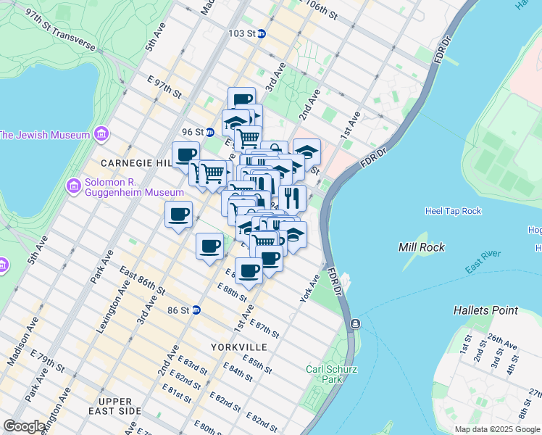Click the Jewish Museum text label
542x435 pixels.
[x=44, y=135]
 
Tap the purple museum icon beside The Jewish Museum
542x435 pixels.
[x=101, y=135]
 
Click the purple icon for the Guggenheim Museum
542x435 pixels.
[x=73, y=186]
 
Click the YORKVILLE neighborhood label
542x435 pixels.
[x=238, y=347]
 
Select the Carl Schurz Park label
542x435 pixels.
[x=324, y=374]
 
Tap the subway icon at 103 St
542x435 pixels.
[x=262, y=33]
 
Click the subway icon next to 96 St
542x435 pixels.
[x=209, y=132]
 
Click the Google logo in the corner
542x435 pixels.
[x=24, y=426]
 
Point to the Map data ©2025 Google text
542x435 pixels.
[x=497, y=429]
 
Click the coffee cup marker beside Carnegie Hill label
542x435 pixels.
[x=186, y=154]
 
